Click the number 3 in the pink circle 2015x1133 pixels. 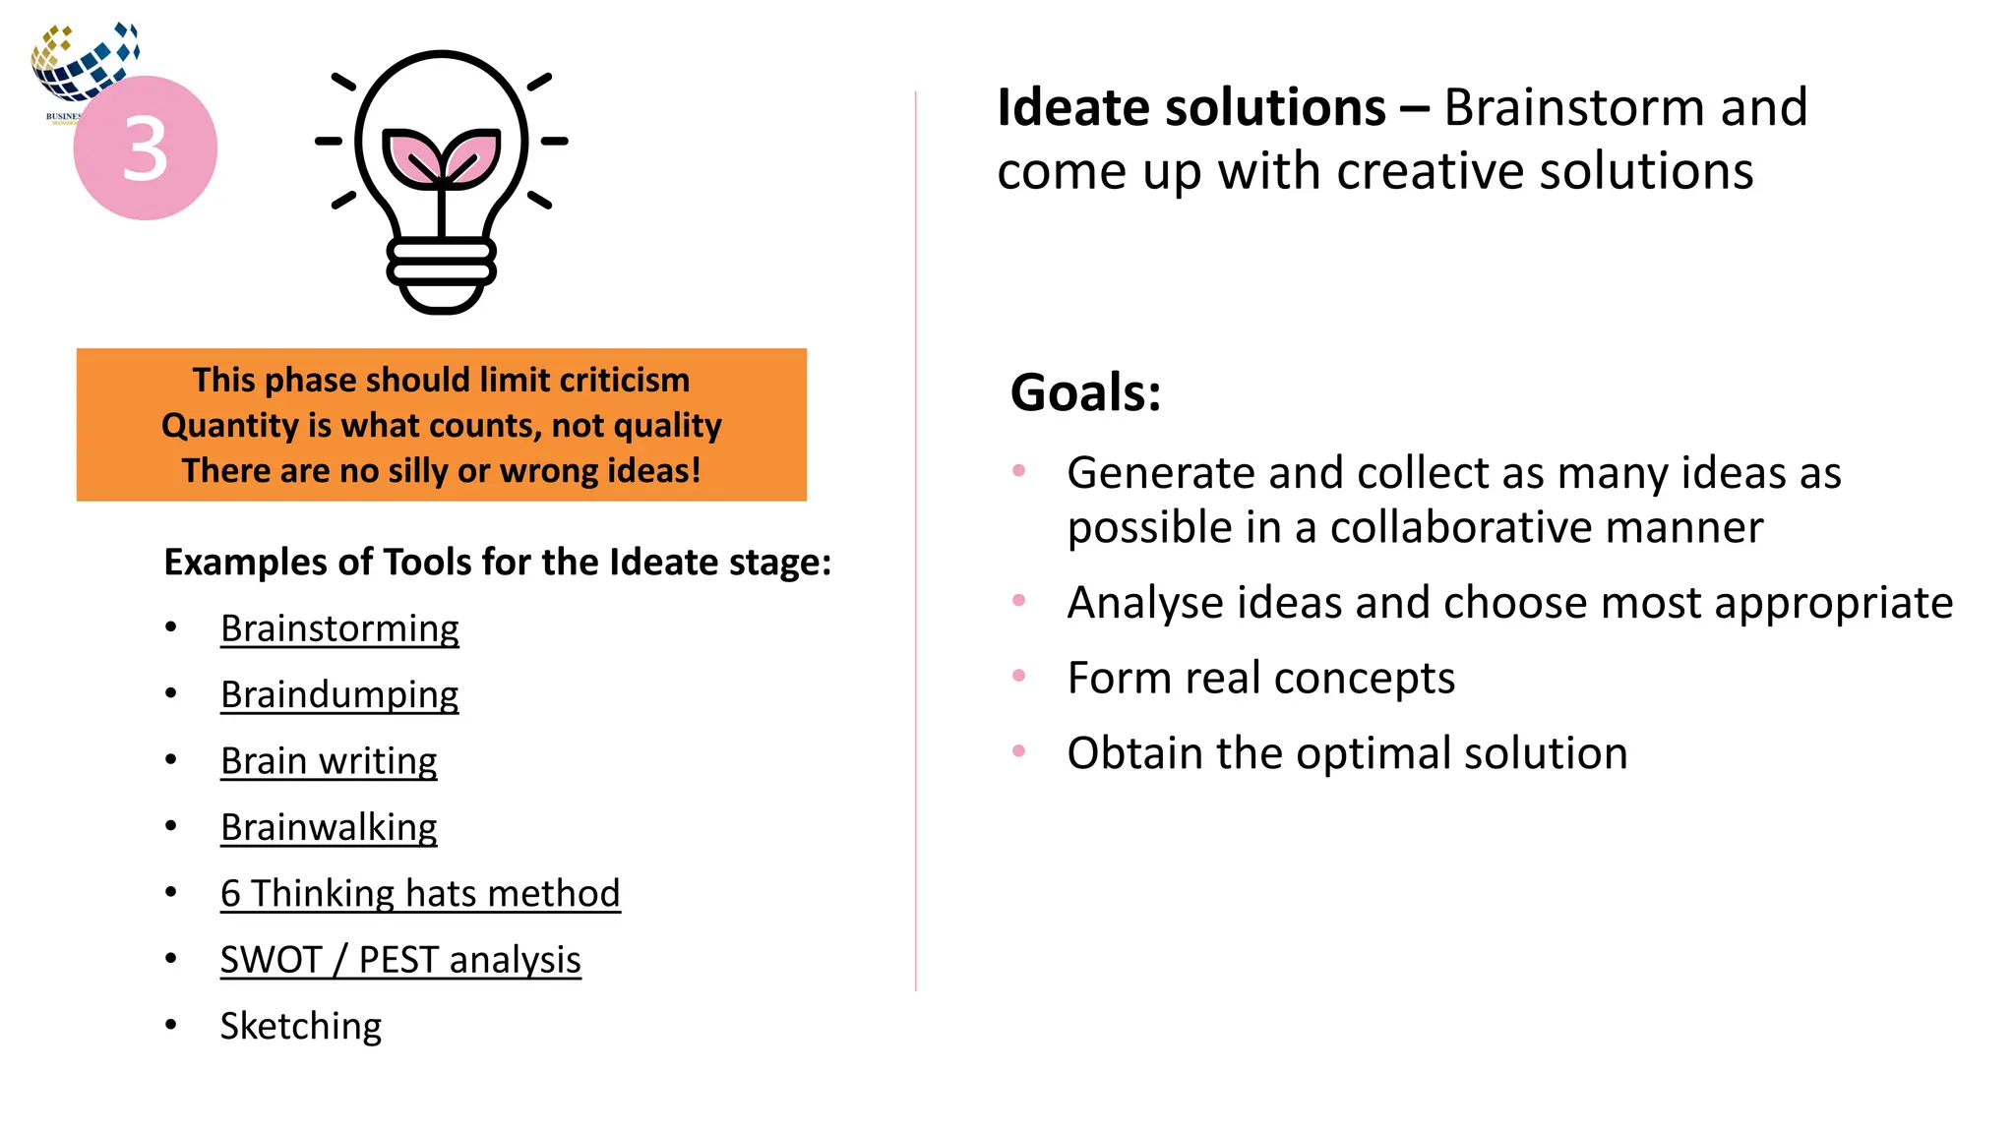146,149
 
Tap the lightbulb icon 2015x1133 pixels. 441,182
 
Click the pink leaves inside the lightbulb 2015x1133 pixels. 441,157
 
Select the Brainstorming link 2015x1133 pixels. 339,628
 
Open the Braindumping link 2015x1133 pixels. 339,694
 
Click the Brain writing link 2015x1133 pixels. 329,761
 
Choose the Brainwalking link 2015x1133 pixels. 329,827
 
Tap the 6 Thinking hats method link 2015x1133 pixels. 420,893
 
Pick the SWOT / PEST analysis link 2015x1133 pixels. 400,960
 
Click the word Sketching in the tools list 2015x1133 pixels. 300,1026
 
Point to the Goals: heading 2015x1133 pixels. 1085,392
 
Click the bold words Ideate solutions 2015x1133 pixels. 1191,107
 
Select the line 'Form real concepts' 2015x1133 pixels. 1260,678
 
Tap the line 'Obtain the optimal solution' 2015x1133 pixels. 1347,753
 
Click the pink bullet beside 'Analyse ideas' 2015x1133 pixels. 1018,600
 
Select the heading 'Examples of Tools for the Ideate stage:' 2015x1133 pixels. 497,562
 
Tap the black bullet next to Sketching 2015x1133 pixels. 171,1025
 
